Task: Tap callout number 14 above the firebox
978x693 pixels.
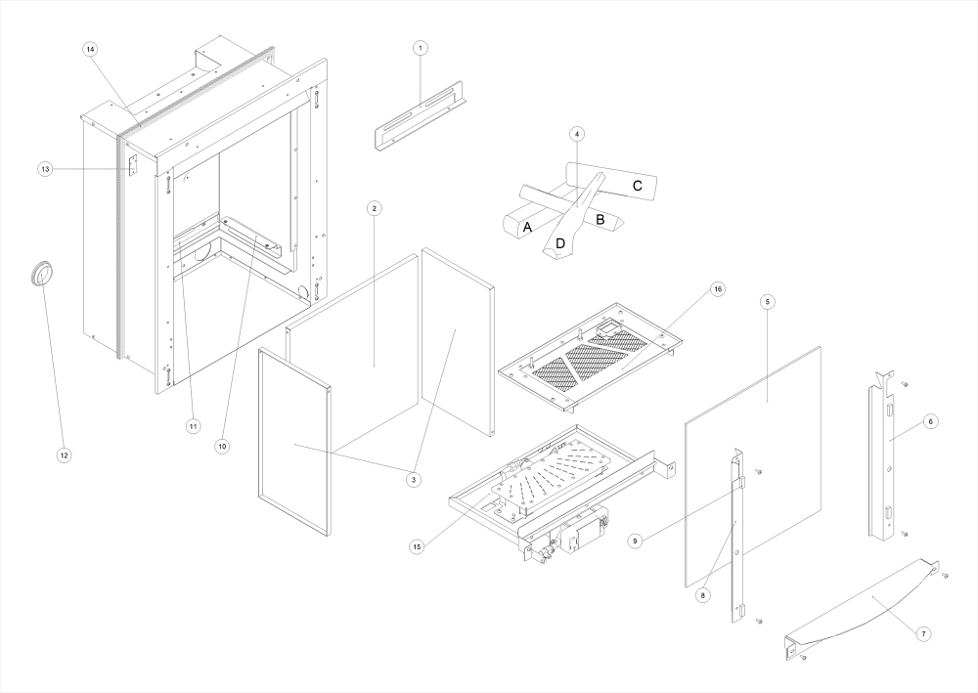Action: click(91, 49)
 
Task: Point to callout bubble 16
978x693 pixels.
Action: click(719, 290)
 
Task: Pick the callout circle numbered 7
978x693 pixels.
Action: click(924, 634)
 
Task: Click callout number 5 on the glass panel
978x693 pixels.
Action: click(768, 303)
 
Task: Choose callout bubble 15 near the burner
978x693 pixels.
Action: click(418, 546)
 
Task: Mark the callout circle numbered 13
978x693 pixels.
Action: click(45, 169)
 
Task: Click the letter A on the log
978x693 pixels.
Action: click(527, 227)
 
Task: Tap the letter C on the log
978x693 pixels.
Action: click(636, 185)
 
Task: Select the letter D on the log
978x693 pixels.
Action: click(560, 241)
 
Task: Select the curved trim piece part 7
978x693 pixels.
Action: click(861, 606)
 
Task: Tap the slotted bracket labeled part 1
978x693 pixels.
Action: click(421, 122)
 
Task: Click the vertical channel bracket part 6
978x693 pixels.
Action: click(886, 459)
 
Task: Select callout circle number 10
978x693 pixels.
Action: click(222, 446)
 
